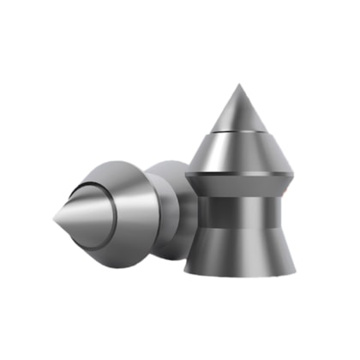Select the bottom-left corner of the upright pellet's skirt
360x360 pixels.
coord(187,273)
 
